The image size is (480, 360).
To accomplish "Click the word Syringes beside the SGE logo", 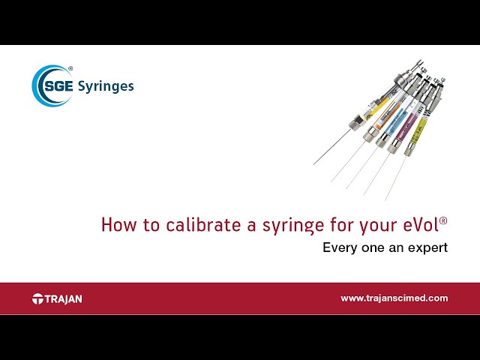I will click(x=106, y=85).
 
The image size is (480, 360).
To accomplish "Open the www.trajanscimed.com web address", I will click(x=394, y=298).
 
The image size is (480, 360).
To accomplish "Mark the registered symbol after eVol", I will click(x=443, y=220).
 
